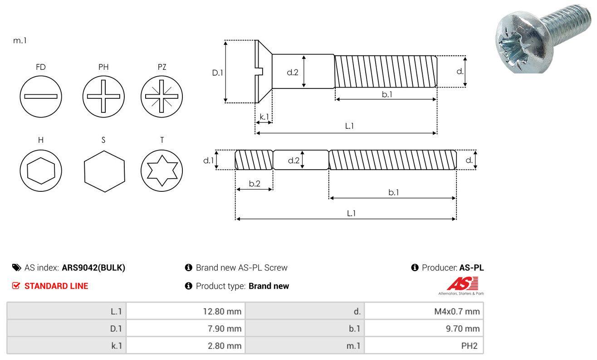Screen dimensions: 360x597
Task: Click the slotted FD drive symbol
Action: point(41,96)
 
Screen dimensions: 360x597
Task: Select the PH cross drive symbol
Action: point(103,96)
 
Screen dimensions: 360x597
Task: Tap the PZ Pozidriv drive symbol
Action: point(161,96)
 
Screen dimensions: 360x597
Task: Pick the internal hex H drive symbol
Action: point(41,171)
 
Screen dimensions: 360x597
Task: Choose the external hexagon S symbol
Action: point(104,171)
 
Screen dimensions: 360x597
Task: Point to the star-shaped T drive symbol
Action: point(161,171)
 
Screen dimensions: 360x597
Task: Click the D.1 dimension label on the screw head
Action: point(218,72)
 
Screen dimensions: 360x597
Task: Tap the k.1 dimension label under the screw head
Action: point(264,117)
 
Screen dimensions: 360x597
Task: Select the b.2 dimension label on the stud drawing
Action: point(254,184)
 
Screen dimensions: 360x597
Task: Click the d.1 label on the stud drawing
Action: point(208,160)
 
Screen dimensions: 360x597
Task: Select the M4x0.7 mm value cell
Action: point(424,311)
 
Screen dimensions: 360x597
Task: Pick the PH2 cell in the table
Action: point(424,345)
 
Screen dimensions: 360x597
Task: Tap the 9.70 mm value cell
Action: point(424,328)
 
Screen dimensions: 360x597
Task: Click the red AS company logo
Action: point(462,284)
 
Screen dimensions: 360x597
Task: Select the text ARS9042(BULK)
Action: point(93,268)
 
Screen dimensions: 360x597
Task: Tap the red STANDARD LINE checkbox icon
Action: point(16,286)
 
